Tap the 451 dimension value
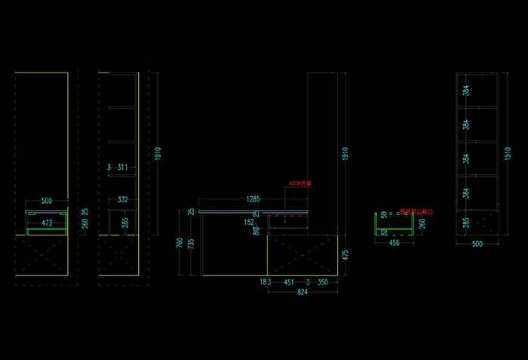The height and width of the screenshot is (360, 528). (x=288, y=282)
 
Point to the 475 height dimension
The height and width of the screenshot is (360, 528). (x=345, y=255)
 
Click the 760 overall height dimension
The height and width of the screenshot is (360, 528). (x=180, y=243)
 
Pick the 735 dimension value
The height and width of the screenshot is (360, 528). (x=191, y=244)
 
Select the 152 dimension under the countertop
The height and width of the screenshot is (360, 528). (x=250, y=222)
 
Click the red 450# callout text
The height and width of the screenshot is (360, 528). (x=300, y=183)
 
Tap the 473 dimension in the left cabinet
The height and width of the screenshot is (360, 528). (x=47, y=223)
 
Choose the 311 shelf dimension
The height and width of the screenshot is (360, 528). (x=122, y=167)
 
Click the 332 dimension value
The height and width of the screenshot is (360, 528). (x=122, y=199)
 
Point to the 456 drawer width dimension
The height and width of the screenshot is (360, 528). (x=394, y=244)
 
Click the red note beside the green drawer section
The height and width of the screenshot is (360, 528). (x=413, y=211)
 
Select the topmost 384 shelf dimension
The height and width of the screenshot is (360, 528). (x=466, y=91)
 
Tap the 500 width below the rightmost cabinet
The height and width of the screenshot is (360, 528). (x=477, y=244)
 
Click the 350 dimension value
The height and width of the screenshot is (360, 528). (x=322, y=282)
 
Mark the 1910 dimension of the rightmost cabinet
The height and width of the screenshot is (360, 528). (x=507, y=152)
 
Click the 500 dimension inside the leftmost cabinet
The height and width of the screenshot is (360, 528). (x=47, y=202)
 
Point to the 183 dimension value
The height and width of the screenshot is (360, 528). (x=265, y=282)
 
